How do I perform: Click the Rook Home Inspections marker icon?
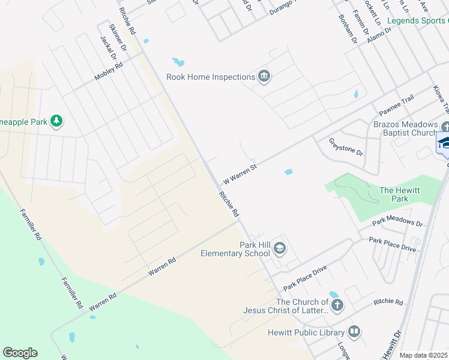point(264,76)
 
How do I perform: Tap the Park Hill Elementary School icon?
point(279,248)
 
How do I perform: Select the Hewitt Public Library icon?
point(354,332)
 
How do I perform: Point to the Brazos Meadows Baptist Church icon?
point(445,127)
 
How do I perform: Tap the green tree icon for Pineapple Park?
point(56,122)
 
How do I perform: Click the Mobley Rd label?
point(108,72)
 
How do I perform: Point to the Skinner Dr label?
point(118,37)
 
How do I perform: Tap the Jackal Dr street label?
point(109,48)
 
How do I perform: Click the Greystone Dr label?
point(346,146)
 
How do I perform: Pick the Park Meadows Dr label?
point(397,221)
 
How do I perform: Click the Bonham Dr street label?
point(348,29)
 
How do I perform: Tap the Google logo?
point(20,353)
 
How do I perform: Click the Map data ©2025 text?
point(423,355)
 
